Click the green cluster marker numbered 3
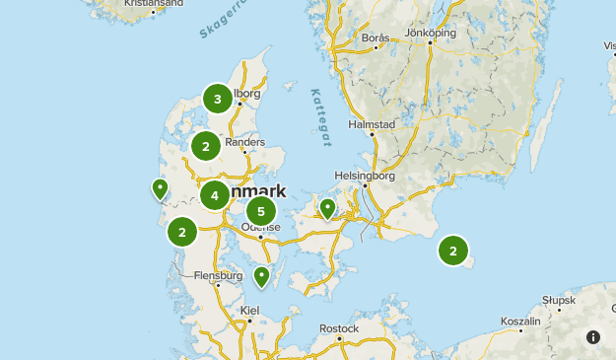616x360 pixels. click(x=218, y=99)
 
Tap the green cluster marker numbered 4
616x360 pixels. click(x=214, y=195)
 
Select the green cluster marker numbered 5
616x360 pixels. click(x=261, y=210)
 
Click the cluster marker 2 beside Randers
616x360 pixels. click(x=206, y=147)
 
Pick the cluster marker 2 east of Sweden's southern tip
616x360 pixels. click(x=452, y=251)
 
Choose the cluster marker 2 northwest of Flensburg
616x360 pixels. click(x=182, y=233)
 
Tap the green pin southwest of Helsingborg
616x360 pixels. click(x=327, y=208)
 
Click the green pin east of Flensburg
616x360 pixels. click(x=261, y=276)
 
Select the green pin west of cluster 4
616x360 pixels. click(x=160, y=187)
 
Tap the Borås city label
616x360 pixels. click(x=376, y=38)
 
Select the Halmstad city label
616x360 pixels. click(x=372, y=125)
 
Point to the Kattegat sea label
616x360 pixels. click(x=320, y=118)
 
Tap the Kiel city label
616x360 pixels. click(x=249, y=310)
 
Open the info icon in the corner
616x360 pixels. click(x=593, y=337)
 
